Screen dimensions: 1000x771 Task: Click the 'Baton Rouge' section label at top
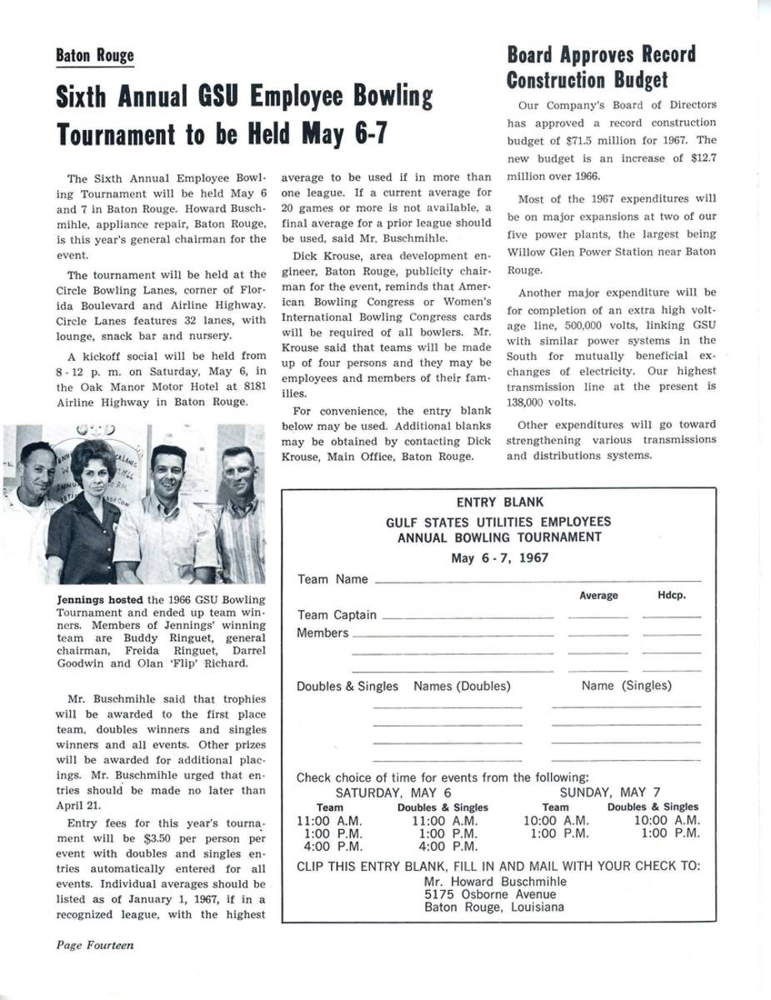point(94,56)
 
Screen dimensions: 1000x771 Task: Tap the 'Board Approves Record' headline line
point(601,55)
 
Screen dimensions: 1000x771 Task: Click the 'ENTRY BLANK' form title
point(499,502)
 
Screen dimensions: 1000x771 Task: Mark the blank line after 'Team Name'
point(538,580)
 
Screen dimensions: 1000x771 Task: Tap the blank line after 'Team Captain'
point(467,617)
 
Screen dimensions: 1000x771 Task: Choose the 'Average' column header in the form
point(598,596)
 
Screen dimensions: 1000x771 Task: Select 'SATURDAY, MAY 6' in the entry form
point(393,792)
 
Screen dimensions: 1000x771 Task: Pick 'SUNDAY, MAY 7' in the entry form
point(610,792)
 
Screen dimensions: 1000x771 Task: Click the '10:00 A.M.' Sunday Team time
point(555,820)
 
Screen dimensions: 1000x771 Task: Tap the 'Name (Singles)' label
point(626,686)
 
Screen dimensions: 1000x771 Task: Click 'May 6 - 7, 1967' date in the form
point(499,557)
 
